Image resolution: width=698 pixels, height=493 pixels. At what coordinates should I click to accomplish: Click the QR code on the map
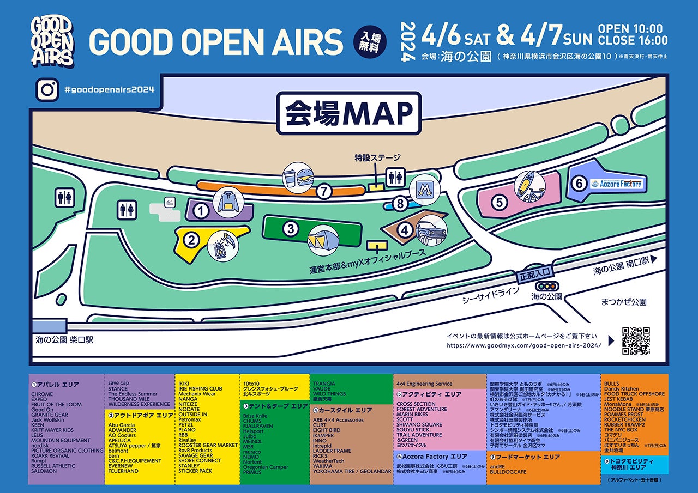(x=636, y=340)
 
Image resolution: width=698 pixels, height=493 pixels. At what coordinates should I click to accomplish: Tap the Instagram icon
(x=47, y=90)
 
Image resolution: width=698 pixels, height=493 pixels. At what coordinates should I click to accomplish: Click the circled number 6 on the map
(x=579, y=184)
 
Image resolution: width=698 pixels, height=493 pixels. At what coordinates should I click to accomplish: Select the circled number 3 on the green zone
(x=291, y=229)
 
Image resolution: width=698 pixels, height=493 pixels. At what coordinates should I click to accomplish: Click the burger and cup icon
(x=297, y=176)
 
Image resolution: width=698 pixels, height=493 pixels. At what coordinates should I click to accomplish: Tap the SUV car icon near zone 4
(x=431, y=231)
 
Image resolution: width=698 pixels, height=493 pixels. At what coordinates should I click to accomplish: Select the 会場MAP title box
(x=349, y=113)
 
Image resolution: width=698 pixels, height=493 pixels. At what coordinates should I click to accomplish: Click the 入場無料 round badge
(x=370, y=40)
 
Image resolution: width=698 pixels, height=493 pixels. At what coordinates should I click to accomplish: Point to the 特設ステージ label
(x=377, y=158)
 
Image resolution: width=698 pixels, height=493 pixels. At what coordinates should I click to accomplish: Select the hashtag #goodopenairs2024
(x=109, y=90)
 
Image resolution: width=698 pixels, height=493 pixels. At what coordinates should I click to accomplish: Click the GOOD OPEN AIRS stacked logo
(x=52, y=41)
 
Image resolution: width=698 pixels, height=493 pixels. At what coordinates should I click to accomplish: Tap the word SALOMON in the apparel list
(x=44, y=471)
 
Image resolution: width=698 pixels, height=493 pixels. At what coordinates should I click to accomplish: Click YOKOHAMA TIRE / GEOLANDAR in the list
(x=352, y=472)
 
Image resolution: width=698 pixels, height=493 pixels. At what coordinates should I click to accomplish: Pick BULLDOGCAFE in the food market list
(x=508, y=472)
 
